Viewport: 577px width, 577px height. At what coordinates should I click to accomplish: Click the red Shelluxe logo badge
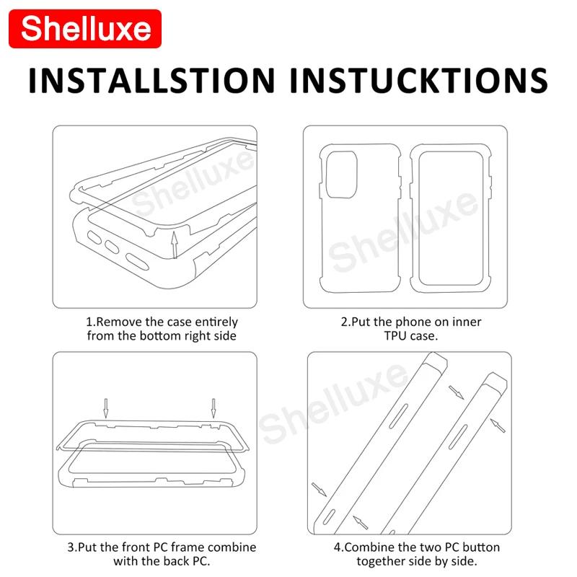coord(86,29)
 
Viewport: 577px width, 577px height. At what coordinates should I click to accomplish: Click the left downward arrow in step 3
coord(105,408)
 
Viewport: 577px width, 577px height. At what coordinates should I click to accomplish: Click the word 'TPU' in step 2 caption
coord(398,335)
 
